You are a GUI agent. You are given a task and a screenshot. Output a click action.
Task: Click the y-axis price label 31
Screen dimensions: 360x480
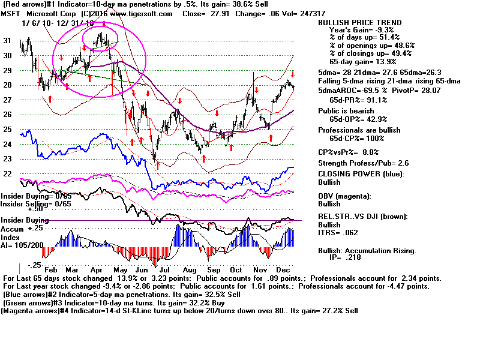coord(8,41)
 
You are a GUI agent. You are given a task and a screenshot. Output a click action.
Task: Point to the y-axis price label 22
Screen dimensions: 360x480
coord(8,173)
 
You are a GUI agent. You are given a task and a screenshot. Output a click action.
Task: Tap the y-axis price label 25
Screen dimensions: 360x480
coord(8,129)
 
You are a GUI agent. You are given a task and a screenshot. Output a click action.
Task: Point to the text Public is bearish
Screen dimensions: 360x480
coord(347,111)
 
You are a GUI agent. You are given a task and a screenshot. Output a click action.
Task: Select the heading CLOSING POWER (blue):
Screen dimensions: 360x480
coord(360,174)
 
